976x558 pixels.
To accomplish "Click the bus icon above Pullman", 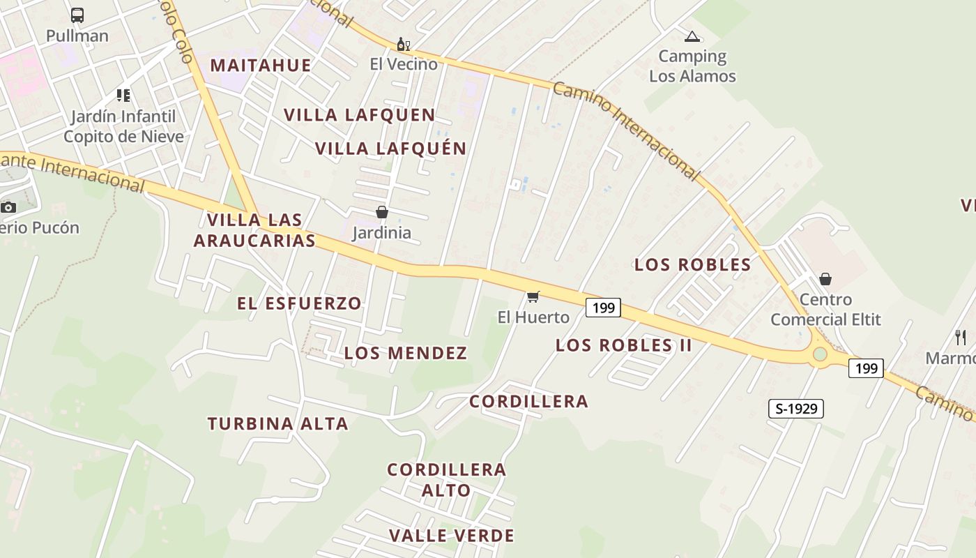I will coord(77,15).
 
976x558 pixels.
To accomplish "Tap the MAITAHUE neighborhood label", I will coord(261,66).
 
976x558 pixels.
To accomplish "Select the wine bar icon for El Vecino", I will coord(403,45).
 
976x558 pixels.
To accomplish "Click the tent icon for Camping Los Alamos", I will coord(692,36).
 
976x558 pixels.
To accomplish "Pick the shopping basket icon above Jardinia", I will coord(381,212).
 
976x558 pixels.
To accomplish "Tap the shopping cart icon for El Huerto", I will coord(533,297).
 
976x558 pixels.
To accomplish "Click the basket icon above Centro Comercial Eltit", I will coord(825,279).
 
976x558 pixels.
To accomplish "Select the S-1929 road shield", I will coord(795,409).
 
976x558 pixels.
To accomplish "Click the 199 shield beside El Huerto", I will coord(603,308).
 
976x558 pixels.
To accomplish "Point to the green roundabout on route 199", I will coord(820,354).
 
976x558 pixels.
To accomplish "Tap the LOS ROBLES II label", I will coord(623,345).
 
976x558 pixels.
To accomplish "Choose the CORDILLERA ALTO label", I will coord(447,480).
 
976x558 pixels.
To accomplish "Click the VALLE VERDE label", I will coord(452,536).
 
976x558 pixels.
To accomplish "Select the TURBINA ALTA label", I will coord(277,423).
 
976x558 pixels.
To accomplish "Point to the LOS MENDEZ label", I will coord(406,353).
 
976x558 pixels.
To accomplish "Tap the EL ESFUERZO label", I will coord(299,303).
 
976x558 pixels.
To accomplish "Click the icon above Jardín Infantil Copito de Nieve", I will coord(123,95).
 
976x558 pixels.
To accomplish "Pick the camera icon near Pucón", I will coord(8,207).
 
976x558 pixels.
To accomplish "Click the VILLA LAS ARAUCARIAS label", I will coord(254,230).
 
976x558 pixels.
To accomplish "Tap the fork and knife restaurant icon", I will coord(961,338).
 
